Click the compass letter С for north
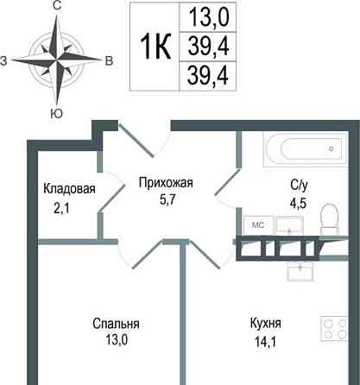56,6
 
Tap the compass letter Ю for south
56,113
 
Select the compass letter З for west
5,60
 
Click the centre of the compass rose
56,60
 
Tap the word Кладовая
69,189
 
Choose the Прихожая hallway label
166,182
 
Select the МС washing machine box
256,224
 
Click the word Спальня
117,324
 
